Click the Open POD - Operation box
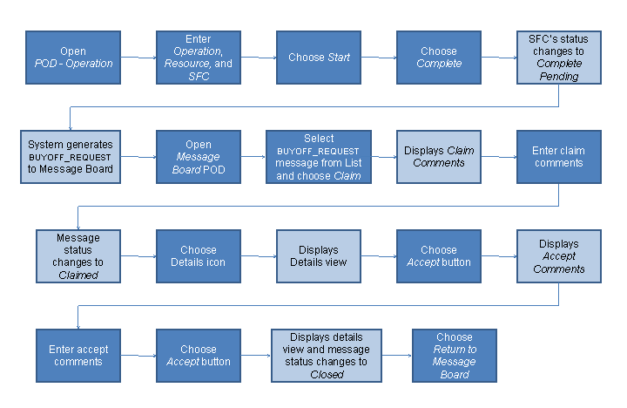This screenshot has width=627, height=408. pos(73,58)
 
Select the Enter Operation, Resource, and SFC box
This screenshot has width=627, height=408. pos(198,58)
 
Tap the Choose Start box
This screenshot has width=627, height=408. pos(319,58)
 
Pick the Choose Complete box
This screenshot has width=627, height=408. pos(439,58)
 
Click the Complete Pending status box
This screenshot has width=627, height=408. pos(558,58)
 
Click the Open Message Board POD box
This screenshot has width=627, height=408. pos(198,157)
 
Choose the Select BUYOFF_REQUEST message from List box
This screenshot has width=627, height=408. pos(319,157)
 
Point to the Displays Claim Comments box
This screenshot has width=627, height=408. pos(439,157)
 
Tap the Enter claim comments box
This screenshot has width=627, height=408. pos(558,157)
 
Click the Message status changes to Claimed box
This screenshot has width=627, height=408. pos(78,256)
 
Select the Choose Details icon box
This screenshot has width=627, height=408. pos(198,256)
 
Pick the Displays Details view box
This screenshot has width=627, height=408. pos(319,256)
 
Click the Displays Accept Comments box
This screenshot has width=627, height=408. pos(558,256)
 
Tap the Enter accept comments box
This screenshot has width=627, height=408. pos(78,356)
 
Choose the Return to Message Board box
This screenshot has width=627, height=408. pos(455,356)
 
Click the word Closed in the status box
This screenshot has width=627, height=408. pos(327,375)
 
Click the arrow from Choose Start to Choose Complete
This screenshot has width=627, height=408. pos(379,58)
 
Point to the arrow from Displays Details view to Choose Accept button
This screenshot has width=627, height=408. pos(379,256)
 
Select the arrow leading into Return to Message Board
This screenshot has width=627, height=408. pos(397,356)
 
